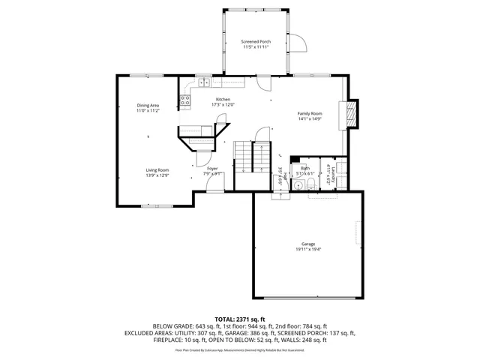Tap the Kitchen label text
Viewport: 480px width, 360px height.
point(223,100)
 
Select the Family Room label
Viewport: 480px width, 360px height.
point(310,113)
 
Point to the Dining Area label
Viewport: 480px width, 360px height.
point(148,105)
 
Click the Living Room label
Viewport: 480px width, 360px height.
point(157,170)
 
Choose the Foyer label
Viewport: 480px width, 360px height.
point(213,169)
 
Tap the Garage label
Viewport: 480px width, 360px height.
point(308,244)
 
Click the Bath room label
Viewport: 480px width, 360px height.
point(305,169)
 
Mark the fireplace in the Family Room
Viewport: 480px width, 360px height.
point(351,115)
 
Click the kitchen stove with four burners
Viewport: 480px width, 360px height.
point(184,100)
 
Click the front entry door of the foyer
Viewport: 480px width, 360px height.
point(214,190)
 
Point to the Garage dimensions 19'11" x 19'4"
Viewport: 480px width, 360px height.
point(308,250)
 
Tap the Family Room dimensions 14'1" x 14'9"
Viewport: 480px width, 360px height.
point(310,118)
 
